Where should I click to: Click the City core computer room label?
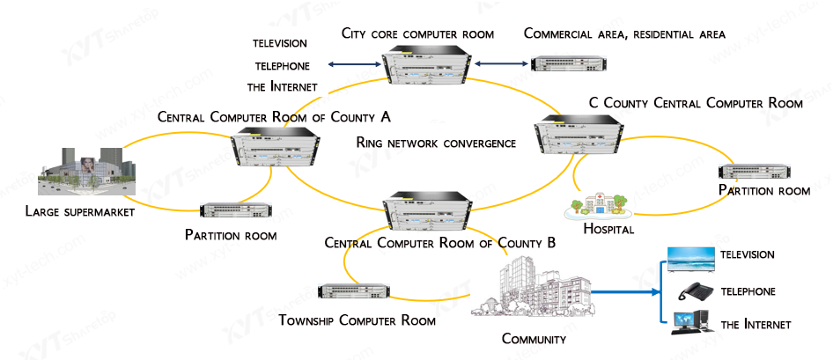pyautogui.click(x=418, y=33)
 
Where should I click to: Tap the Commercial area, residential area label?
pyautogui.click(x=624, y=34)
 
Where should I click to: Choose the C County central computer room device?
pyautogui.click(x=581, y=137)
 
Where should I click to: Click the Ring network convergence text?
pyautogui.click(x=436, y=143)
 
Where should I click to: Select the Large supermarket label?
pyautogui.click(x=80, y=211)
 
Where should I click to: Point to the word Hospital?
pyautogui.click(x=608, y=230)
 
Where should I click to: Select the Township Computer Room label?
pyautogui.click(x=357, y=320)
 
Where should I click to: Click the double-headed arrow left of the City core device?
pyautogui.click(x=351, y=64)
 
